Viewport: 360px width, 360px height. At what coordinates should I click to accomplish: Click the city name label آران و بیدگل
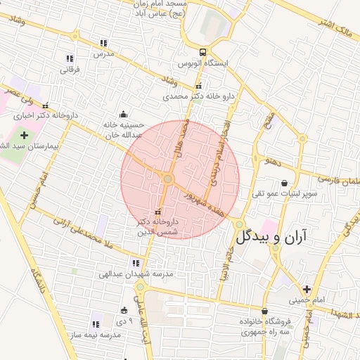pyautogui.click(x=278, y=236)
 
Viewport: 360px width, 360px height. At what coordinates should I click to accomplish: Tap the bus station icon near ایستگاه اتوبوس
pyautogui.click(x=202, y=52)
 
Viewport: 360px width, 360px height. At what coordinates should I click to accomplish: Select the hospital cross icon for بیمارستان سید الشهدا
pyautogui.click(x=24, y=134)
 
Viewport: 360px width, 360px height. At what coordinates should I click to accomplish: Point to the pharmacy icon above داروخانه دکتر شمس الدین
pyautogui.click(x=157, y=211)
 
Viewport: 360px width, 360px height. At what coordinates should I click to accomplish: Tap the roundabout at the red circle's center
pyautogui.click(x=167, y=179)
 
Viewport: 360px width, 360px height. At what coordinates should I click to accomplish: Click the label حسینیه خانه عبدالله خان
pyautogui.click(x=124, y=129)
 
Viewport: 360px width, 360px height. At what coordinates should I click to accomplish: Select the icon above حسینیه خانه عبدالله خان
pyautogui.click(x=124, y=115)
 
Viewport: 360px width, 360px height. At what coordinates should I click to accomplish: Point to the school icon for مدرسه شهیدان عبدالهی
pyautogui.click(x=136, y=264)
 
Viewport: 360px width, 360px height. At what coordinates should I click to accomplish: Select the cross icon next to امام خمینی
pyautogui.click(x=306, y=289)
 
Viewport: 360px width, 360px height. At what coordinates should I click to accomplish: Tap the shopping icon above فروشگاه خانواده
pyautogui.click(x=264, y=311)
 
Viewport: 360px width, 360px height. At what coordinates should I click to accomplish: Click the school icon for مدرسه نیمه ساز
pyautogui.click(x=95, y=324)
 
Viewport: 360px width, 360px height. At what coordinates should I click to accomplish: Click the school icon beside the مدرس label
pyautogui.click(x=104, y=44)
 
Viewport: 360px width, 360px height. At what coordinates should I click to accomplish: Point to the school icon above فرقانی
pyautogui.click(x=69, y=58)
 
